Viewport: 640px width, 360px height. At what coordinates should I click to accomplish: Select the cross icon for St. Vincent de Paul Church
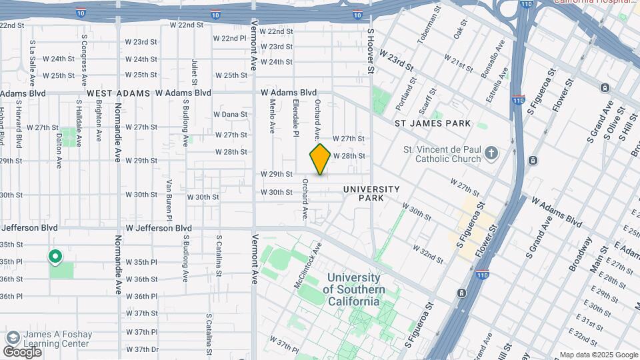point(491,154)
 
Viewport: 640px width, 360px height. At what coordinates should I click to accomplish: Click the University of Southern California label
point(353,289)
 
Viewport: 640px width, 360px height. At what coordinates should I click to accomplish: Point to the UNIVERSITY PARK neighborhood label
point(372,193)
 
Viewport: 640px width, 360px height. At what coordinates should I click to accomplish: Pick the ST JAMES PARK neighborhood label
point(433,123)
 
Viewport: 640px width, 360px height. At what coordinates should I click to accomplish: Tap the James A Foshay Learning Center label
point(57,339)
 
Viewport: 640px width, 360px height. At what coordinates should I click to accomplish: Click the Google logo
point(22,351)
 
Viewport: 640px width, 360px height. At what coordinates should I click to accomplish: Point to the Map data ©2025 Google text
point(597,355)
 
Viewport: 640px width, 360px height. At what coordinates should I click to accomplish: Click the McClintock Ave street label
point(308,265)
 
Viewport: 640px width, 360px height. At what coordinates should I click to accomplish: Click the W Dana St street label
point(235,114)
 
